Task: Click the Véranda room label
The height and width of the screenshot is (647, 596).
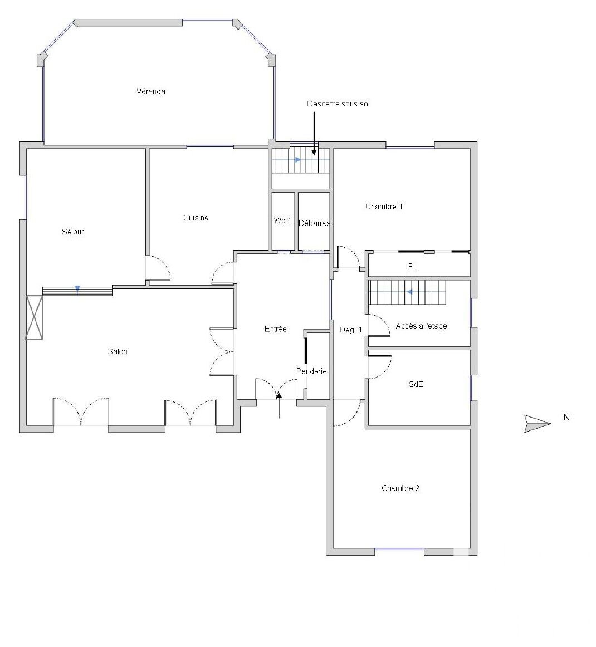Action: tap(150, 91)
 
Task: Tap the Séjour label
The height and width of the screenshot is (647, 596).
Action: tap(73, 232)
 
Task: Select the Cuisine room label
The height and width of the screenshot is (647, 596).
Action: tap(196, 218)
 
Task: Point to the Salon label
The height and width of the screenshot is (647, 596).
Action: tap(118, 351)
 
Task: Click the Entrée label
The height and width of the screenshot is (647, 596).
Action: tap(275, 329)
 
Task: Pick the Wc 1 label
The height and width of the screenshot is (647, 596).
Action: tap(282, 220)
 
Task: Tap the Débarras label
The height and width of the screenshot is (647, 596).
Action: tap(314, 223)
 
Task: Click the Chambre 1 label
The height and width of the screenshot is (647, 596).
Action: tap(384, 207)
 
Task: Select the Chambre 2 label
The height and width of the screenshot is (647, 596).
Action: tap(400, 488)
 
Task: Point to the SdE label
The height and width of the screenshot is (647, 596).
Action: tap(416, 384)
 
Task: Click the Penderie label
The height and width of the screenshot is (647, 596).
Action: tap(311, 371)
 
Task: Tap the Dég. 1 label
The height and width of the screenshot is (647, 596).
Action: tap(351, 330)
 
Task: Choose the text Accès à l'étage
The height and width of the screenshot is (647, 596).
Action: tap(422, 326)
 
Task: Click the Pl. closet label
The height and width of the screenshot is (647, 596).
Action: tap(412, 267)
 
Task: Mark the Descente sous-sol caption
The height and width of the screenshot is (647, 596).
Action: tap(338, 104)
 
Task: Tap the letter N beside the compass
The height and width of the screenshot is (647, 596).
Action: tap(566, 417)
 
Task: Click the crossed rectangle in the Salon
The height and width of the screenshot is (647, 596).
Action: tap(35, 318)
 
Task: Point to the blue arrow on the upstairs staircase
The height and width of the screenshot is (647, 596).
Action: tap(409, 292)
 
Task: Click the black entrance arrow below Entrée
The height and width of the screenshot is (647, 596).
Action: tap(279, 405)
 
